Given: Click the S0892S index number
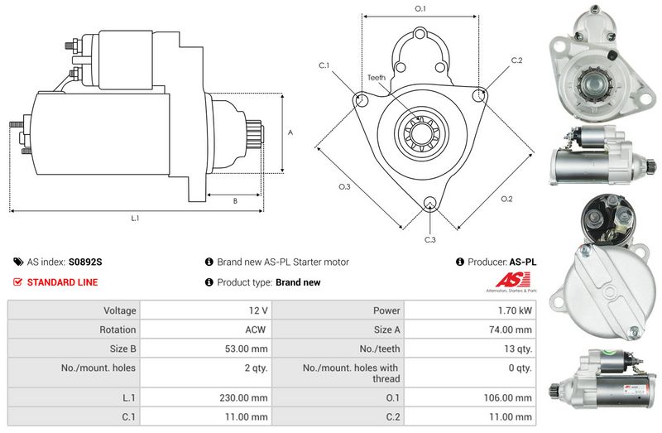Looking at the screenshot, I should click(x=85, y=262).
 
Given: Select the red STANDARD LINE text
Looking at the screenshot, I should click(x=62, y=282).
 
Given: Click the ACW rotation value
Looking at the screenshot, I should click(x=255, y=330).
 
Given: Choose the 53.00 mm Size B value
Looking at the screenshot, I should click(x=247, y=349).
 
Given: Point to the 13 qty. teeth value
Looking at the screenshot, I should click(x=518, y=349).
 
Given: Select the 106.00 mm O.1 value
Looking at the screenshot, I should click(x=510, y=398).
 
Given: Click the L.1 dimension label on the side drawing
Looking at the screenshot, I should click(x=135, y=219).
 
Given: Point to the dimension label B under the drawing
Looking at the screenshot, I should click(x=234, y=200).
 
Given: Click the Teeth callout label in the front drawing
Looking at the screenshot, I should click(x=377, y=78).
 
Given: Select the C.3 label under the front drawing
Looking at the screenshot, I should click(x=429, y=240).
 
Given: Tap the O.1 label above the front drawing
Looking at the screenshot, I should click(x=420, y=9).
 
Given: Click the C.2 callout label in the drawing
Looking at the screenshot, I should click(x=516, y=60).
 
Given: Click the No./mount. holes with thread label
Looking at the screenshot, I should click(x=350, y=373).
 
